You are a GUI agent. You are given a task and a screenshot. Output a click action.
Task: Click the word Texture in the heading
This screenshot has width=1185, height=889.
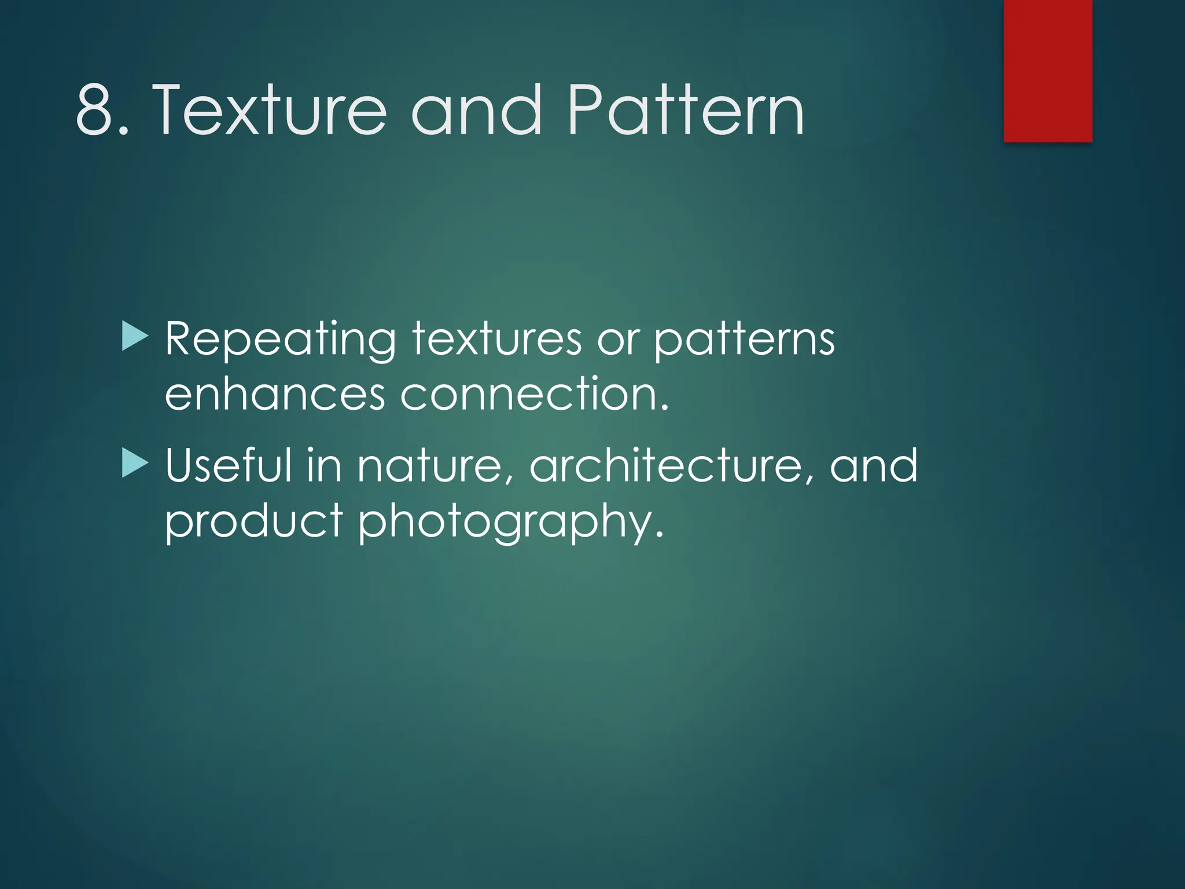[269, 110]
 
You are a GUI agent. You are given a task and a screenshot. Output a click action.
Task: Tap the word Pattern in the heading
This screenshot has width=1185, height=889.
[686, 110]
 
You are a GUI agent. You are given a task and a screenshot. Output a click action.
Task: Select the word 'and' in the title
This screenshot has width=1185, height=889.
[477, 110]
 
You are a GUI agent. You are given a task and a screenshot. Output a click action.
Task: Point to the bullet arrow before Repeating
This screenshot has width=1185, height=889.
[135, 337]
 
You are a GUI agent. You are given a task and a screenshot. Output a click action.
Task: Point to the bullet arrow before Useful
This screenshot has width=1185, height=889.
[135, 464]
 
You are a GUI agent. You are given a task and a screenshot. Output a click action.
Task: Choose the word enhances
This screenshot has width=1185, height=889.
[275, 395]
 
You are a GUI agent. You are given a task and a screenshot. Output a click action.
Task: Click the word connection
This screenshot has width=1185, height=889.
[534, 395]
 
